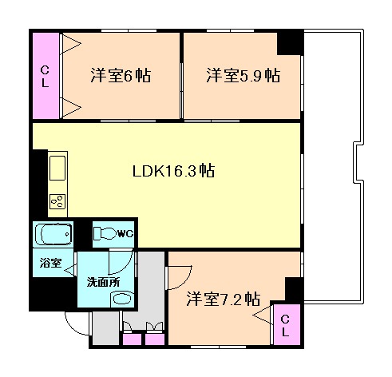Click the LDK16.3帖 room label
coord(172,171)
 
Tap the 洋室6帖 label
coord(121,76)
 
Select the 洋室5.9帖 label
coord(243,76)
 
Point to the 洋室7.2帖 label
coord(223,299)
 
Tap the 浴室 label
coord(50,263)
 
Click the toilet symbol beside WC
coord(105,233)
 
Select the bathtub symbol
coord(53,235)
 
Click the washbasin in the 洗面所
coord(121,299)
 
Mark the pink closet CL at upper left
coord(46,75)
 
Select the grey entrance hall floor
coord(104,327)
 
